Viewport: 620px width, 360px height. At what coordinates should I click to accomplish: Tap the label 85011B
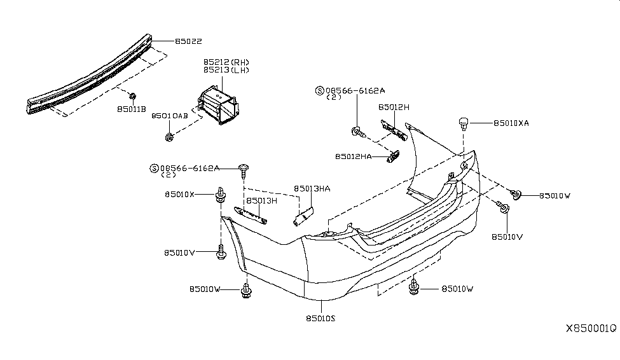click(x=132, y=109)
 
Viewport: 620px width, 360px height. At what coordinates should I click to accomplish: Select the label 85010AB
click(x=169, y=116)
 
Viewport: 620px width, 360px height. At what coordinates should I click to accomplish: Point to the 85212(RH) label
click(x=226, y=62)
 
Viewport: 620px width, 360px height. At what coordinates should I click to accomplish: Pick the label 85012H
click(x=394, y=108)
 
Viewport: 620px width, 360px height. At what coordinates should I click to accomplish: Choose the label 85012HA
click(x=355, y=156)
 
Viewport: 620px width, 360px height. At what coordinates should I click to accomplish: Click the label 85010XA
click(x=511, y=123)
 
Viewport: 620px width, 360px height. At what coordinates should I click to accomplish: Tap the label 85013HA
click(x=312, y=188)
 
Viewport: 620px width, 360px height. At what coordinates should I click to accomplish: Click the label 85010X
click(x=180, y=194)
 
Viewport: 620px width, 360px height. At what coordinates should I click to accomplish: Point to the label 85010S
click(x=320, y=318)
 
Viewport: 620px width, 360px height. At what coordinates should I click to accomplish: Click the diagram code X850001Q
click(x=591, y=329)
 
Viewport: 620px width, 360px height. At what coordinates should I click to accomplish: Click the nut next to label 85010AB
click(x=169, y=137)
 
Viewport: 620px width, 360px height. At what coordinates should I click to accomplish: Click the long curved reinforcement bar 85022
click(x=89, y=76)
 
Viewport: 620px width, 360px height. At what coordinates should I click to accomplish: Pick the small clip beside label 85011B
click(x=132, y=96)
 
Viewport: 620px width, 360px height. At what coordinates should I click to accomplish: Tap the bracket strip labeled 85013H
click(x=252, y=215)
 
